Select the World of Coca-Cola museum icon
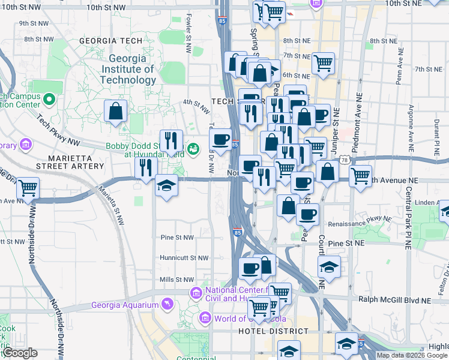coord(205,317)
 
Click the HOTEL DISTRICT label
coord(265,331)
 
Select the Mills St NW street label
coord(176,280)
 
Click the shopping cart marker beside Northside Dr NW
coord(28,188)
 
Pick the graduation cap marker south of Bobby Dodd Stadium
coord(166,185)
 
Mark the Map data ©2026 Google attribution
coord(412,355)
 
